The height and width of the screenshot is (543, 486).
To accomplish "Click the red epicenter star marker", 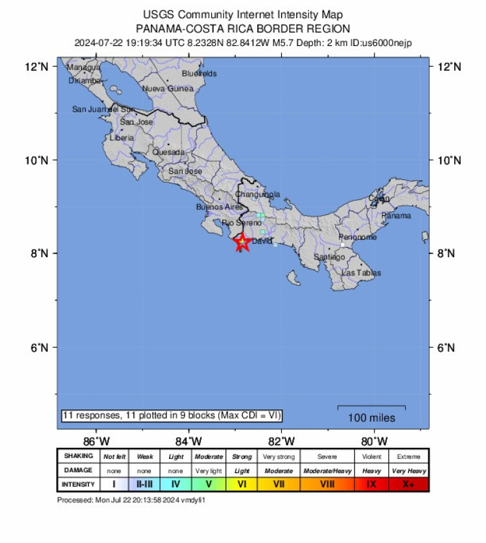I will point(242,242).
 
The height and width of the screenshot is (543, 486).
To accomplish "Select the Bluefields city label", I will point(199,74).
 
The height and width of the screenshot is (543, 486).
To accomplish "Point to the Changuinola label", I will point(257,194).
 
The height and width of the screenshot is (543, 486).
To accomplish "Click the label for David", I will point(262,241).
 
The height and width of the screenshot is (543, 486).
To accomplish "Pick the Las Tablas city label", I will point(361,273).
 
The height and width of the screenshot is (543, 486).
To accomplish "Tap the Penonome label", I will point(358,237).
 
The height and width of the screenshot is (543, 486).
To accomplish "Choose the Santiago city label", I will point(329,257).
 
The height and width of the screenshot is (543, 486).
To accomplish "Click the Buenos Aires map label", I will point(220,207).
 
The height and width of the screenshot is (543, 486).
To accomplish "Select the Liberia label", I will point(122,138).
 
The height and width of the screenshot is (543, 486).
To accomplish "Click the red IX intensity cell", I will point(372,484).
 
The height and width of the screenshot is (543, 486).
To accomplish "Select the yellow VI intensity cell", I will point(242,484).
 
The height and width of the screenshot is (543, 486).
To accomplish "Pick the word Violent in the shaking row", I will point(372,456).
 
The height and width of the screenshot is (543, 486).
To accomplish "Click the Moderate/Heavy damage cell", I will point(327,470).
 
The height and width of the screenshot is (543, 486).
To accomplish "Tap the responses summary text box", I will point(172,415).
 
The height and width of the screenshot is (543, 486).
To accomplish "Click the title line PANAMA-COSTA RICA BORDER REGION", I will point(243,29).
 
